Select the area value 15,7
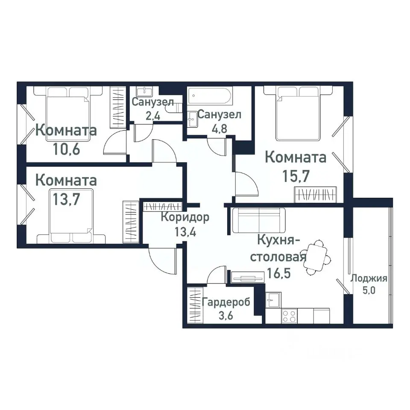point(296,176)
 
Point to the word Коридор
point(185,217)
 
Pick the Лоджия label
point(369,279)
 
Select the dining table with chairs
point(317,258)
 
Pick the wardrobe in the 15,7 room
point(316,195)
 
